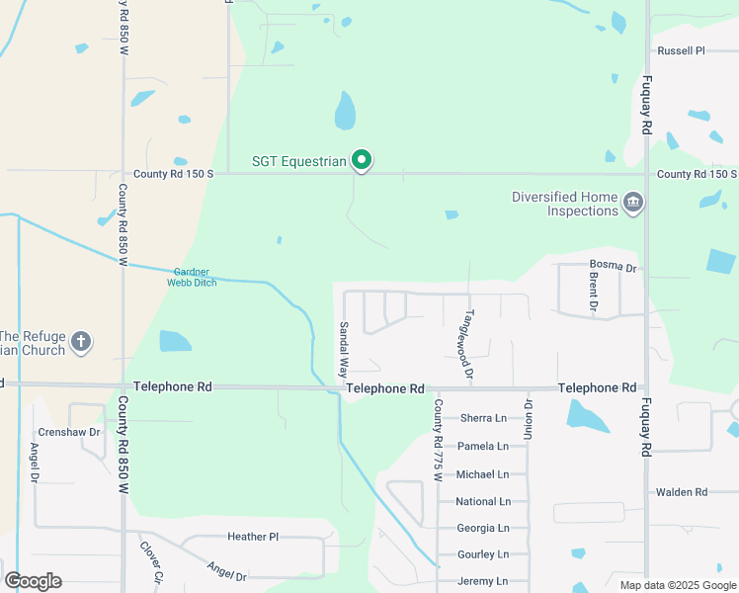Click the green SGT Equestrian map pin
click(363, 159)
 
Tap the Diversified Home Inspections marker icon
click(633, 205)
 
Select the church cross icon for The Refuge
click(81, 343)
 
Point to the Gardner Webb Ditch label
click(194, 277)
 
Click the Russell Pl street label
click(682, 50)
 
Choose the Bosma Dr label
click(614, 265)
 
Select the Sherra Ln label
click(482, 418)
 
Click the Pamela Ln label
click(482, 446)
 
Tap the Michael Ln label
click(482, 474)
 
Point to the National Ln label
click(482, 502)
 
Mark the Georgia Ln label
click(482, 528)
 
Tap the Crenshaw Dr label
click(69, 433)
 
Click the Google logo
click(33, 581)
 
